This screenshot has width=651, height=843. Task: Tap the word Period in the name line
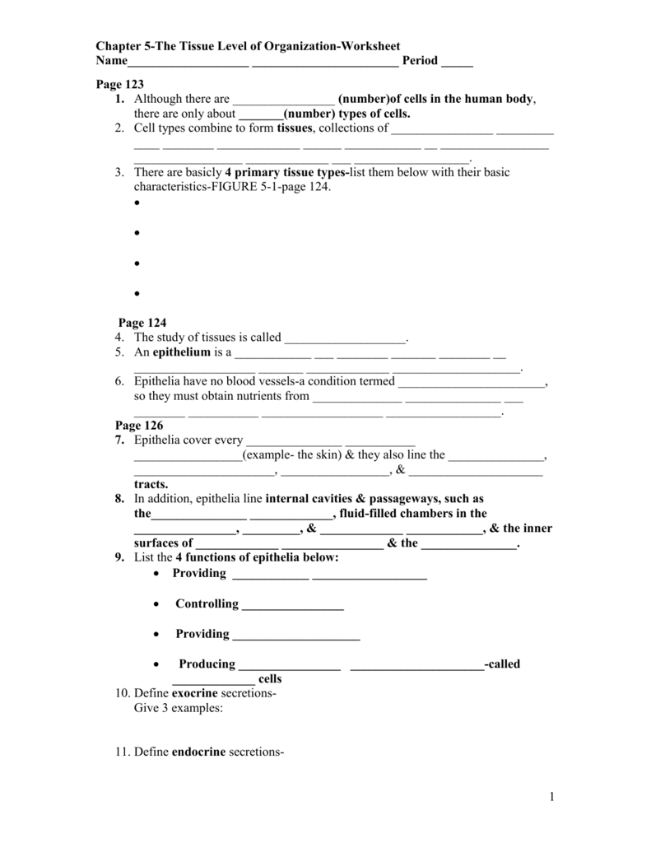[420, 62]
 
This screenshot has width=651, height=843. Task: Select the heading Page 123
[120, 84]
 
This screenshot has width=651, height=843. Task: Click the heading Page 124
[143, 323]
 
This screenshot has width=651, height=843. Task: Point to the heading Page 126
[139, 425]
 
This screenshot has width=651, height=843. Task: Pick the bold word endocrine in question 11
[198, 752]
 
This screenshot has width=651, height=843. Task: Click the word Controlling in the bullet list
[207, 603]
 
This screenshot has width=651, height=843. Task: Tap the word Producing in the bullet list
[207, 664]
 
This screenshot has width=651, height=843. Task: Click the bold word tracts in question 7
[151, 484]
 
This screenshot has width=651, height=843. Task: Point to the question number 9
[120, 558]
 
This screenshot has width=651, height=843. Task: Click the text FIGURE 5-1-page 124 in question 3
[267, 187]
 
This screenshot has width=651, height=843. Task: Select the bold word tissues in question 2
[295, 128]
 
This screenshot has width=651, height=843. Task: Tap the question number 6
[120, 381]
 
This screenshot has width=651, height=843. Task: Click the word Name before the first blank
[112, 62]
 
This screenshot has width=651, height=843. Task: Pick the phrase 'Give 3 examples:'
[179, 708]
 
